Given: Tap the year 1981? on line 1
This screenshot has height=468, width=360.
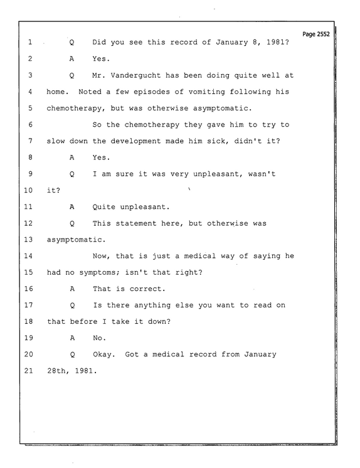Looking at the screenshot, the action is pos(278,42).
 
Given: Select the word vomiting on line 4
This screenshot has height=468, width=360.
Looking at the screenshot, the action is pos(206,92).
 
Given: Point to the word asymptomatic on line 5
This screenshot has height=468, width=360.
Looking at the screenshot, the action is pos(221,108).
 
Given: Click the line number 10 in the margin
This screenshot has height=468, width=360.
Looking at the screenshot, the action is pos(28,190).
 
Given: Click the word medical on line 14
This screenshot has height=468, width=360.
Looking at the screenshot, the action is pos(199,256).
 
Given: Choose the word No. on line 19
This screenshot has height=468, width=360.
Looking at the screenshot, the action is pos(99,338).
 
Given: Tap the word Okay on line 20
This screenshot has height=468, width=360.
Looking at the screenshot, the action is pos(102,354).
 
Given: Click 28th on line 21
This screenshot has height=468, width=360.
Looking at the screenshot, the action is pos(56,371).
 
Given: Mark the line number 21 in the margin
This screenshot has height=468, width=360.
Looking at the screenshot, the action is pos(28,371).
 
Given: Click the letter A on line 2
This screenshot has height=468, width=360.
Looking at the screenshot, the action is pos(71,59).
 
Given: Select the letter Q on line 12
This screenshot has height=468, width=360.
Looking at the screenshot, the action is pos(72,223).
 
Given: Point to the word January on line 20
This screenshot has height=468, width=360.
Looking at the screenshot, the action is pos(260,354).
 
